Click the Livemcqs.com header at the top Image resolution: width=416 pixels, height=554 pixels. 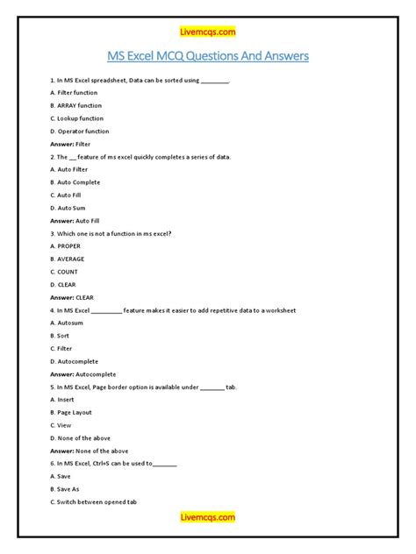tap(208, 32)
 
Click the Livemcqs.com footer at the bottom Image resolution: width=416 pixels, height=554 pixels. tap(208, 518)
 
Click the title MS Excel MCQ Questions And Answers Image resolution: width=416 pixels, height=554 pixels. tap(208, 58)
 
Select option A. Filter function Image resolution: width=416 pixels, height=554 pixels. tap(74, 92)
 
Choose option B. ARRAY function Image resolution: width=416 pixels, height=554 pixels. tap(75, 105)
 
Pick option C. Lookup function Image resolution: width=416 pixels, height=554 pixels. tap(76, 118)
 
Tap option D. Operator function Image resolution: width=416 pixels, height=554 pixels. tap(79, 131)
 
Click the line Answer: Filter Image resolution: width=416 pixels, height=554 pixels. tap(70, 144)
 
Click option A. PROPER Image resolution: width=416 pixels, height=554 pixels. tap(65, 246)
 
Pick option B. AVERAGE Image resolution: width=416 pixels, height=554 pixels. tap(68, 259)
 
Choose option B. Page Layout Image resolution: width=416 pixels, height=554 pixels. tap(71, 413)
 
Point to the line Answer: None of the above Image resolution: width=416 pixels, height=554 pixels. tap(89, 451)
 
